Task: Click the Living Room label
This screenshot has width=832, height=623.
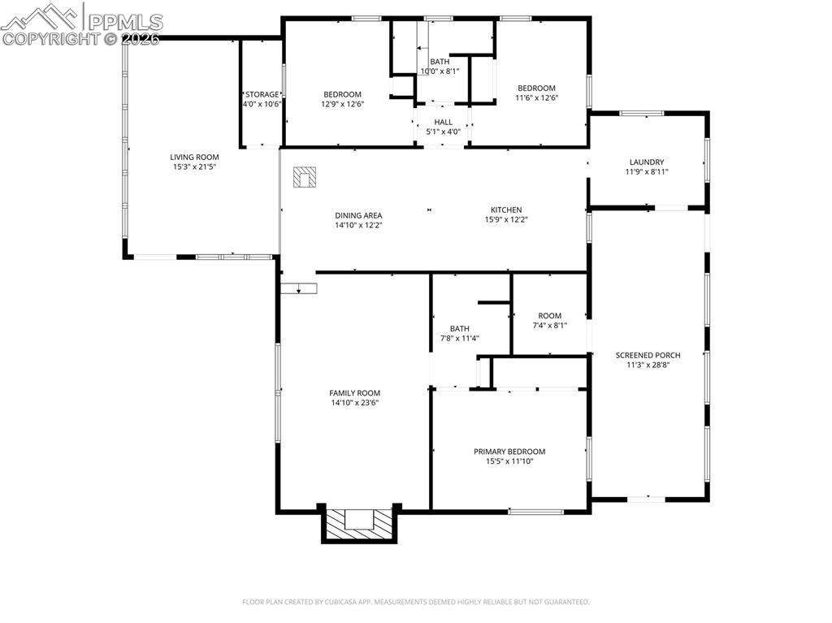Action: coord(194,157)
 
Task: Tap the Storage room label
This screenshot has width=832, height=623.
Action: coord(262,94)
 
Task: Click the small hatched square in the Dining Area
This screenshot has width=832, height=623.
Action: coord(305,177)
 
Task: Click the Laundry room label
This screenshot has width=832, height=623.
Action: coord(646,162)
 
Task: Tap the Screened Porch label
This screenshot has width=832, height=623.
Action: coord(648,355)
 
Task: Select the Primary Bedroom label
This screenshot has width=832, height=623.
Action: coord(509,452)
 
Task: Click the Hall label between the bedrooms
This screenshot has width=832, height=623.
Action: coord(443,122)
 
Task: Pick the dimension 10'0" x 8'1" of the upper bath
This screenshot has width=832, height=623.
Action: coord(440,71)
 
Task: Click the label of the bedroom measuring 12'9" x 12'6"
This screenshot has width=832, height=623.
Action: coord(342,94)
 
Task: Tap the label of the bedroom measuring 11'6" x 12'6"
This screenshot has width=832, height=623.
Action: coord(536,88)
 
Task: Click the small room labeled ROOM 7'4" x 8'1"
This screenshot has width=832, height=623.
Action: coord(549,316)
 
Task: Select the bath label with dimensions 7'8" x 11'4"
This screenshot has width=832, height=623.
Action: coord(459,328)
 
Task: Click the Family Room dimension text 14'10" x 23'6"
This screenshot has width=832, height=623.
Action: coord(354,403)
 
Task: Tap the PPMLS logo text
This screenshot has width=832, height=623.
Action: coord(124,22)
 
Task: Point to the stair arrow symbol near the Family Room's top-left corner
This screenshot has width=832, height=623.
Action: coord(299,288)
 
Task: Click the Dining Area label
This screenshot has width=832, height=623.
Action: coord(358,215)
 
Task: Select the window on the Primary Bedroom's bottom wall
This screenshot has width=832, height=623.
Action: coord(535,512)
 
